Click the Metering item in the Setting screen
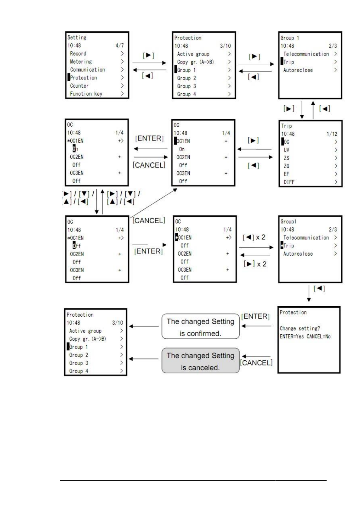click(x=81, y=62)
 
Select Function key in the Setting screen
click(x=86, y=94)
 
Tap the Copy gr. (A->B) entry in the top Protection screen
click(x=195, y=62)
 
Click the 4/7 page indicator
click(x=120, y=45)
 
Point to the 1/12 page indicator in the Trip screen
click(x=332, y=134)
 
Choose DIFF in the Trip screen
click(x=289, y=182)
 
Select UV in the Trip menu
click(x=286, y=150)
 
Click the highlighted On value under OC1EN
click(x=75, y=149)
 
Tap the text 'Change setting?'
click(x=300, y=328)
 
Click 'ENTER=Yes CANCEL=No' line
click(x=305, y=336)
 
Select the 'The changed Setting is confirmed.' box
click(x=200, y=326)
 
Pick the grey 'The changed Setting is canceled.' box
click(x=200, y=360)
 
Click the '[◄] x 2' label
click(x=254, y=237)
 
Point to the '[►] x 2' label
click(x=255, y=264)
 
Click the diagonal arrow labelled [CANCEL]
click(x=153, y=203)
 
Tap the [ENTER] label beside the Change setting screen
click(x=255, y=316)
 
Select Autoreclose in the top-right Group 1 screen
click(x=298, y=70)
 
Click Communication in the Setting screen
click(x=88, y=69)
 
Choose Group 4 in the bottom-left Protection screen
click(x=79, y=371)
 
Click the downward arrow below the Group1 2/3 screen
click(x=309, y=293)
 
